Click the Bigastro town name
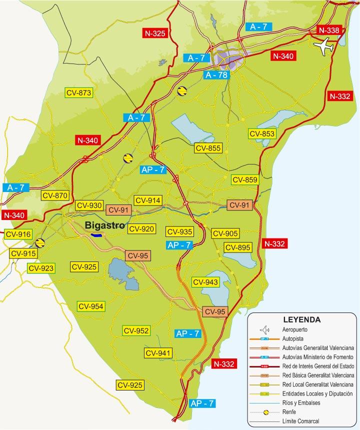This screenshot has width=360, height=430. click(x=104, y=224)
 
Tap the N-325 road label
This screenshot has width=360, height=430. click(x=154, y=33)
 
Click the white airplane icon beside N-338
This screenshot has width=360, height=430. click(x=324, y=47)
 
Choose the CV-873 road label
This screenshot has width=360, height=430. click(x=79, y=92)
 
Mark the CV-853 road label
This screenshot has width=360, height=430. click(x=262, y=133)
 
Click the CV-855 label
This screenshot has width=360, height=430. click(x=208, y=148)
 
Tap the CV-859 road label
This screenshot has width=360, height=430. click(x=244, y=180)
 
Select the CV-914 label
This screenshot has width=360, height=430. click(x=148, y=200)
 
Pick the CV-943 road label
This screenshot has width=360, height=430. click(x=205, y=282)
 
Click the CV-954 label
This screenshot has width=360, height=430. click(x=90, y=306)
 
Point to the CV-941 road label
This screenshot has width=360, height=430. click(x=158, y=353)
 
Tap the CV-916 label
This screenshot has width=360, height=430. click(x=17, y=234)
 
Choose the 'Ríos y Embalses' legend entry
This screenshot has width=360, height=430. click(x=301, y=402)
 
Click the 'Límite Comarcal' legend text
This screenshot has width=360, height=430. click(x=300, y=421)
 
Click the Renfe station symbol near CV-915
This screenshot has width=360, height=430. click(x=39, y=243)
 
